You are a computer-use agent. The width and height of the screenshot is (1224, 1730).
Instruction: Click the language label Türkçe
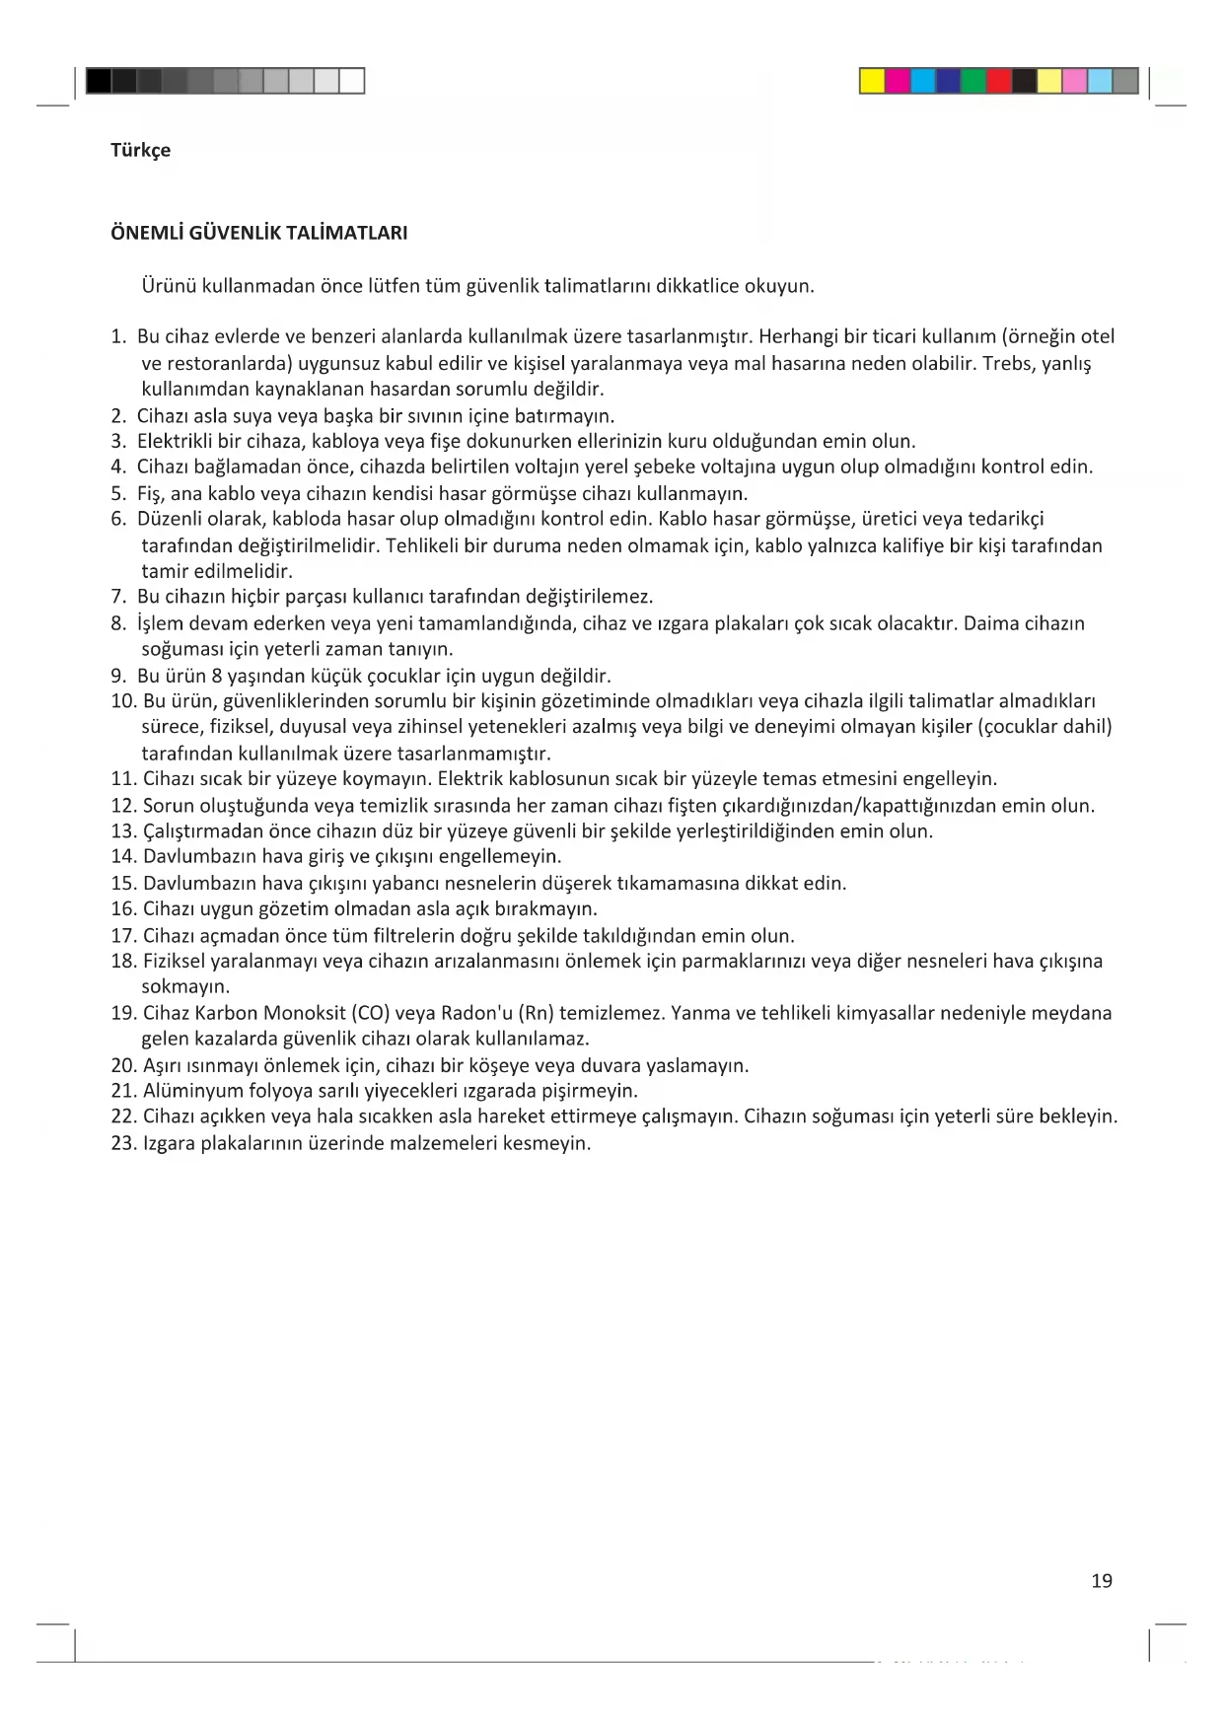tap(140, 150)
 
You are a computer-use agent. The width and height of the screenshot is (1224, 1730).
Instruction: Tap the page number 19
tap(1102, 1581)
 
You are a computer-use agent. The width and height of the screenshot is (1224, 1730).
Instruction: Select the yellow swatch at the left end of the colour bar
tap(872, 81)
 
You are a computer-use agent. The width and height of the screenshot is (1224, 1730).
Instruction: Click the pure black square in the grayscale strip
tap(99, 81)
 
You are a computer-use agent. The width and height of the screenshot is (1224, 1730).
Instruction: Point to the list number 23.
tap(123, 1144)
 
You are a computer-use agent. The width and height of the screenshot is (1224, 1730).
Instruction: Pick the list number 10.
tap(123, 701)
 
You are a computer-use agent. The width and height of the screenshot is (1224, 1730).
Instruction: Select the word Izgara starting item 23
tap(170, 1144)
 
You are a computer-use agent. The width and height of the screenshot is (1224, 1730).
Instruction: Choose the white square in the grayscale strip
tap(352, 81)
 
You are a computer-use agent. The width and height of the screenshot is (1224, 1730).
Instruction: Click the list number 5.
tap(118, 493)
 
